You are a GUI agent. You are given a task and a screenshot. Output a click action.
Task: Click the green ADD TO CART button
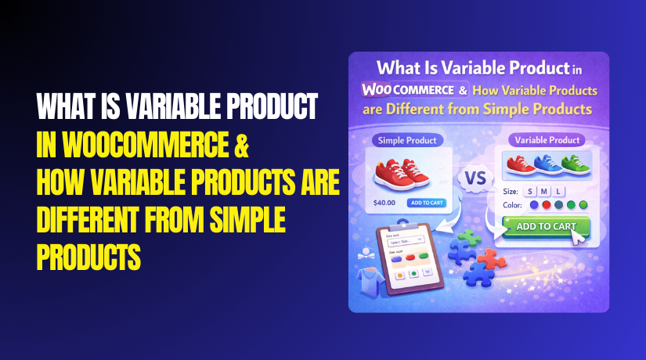pos(541,227)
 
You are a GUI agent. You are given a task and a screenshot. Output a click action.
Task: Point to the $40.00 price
pos(384,203)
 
